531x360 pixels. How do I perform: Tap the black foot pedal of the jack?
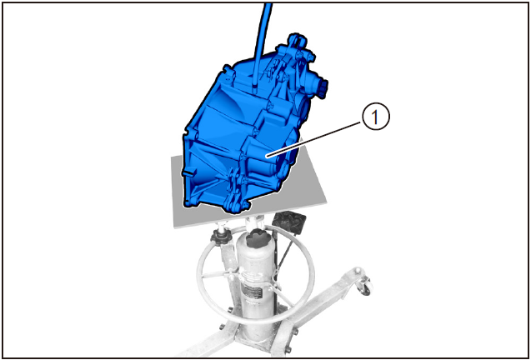click(290, 224)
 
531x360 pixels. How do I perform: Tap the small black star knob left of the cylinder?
click(221, 239)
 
